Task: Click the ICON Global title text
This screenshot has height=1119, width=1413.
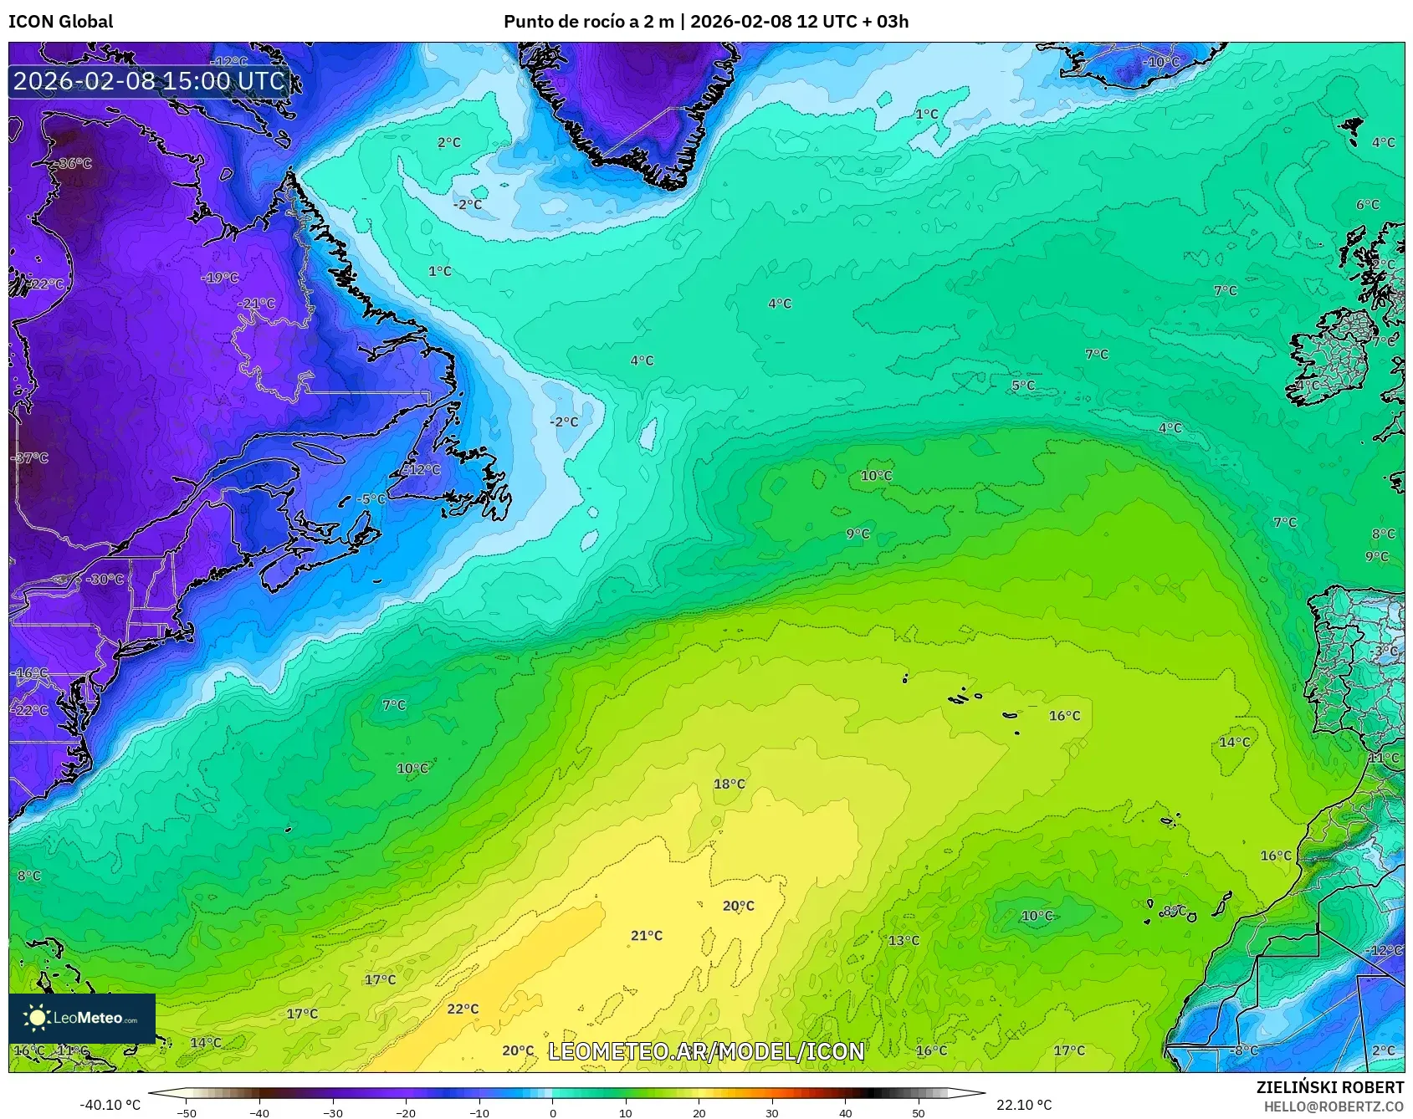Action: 60,22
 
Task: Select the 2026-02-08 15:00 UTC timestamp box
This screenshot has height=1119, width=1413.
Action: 150,81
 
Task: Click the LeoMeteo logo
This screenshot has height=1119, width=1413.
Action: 81,1018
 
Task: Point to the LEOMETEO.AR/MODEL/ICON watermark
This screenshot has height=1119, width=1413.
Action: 706,1051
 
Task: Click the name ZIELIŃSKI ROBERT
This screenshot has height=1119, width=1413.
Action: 1329,1087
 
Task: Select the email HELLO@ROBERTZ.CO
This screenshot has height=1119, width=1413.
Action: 1334,1106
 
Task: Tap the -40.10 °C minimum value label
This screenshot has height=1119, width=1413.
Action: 110,1105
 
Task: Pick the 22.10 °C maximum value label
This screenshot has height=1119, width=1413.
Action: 1024,1105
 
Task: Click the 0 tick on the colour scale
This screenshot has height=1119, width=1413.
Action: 552,1113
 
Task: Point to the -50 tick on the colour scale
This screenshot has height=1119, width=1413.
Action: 187,1113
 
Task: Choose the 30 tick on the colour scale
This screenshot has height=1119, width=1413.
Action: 771,1113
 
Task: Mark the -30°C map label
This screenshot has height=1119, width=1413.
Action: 105,579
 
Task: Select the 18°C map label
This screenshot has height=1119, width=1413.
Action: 729,784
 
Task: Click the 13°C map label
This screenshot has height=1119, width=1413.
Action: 903,940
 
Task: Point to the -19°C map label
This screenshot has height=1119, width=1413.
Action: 220,278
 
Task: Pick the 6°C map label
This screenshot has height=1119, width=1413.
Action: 1367,204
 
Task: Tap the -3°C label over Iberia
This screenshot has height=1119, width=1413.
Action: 1385,650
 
